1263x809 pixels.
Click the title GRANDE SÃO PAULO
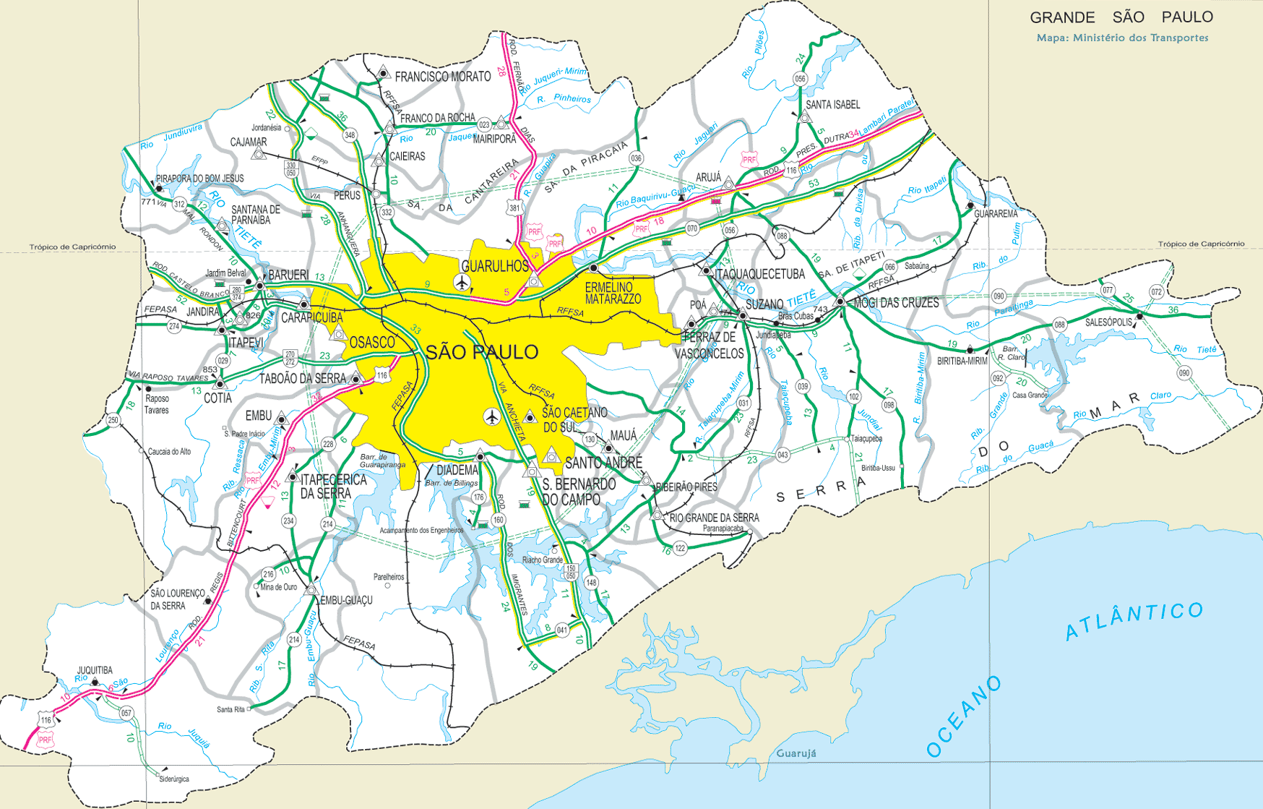coord(1121,17)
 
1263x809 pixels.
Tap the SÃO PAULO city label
coord(482,352)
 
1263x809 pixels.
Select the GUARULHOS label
coord(496,266)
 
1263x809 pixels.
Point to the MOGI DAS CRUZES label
coord(896,303)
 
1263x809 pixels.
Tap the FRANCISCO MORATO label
coord(443,77)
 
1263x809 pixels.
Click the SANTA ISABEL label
coord(832,105)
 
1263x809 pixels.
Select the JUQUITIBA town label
coord(95,670)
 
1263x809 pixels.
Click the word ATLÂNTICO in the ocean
coord(1134,620)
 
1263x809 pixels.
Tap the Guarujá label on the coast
coord(796,753)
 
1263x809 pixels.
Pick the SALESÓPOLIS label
coord(1108,322)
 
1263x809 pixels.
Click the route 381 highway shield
coord(514,207)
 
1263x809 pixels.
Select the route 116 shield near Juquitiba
coord(46,720)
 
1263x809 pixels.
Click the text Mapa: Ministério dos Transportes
coord(1122,38)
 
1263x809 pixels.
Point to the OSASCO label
coord(372,342)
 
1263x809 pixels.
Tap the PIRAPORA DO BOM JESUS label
coord(200,179)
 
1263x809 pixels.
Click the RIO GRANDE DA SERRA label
coord(714,518)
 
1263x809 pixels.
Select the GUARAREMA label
coord(996,214)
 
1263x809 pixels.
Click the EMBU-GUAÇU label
coord(346,600)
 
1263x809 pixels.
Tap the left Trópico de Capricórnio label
coord(72,247)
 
